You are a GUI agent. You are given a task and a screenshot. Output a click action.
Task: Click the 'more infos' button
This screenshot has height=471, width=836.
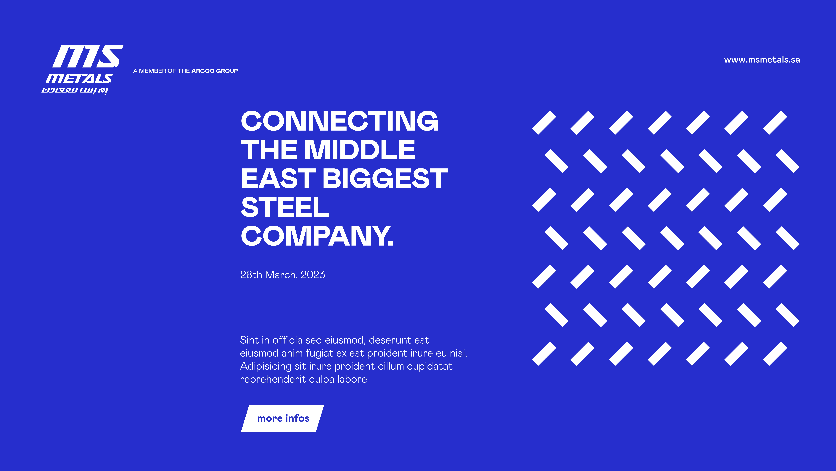click(282, 418)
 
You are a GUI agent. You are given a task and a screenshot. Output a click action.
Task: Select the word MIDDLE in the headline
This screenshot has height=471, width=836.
click(360, 150)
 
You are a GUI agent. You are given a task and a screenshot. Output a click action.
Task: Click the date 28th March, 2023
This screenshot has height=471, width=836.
click(282, 275)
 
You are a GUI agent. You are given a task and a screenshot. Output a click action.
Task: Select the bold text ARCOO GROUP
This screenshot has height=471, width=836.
click(215, 71)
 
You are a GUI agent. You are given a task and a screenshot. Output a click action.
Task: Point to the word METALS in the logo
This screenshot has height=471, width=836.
click(79, 78)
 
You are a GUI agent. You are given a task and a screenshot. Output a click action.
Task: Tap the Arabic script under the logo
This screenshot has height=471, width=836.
click(75, 90)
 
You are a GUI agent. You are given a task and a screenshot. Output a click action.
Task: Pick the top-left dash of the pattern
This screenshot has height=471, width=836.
click(544, 123)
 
